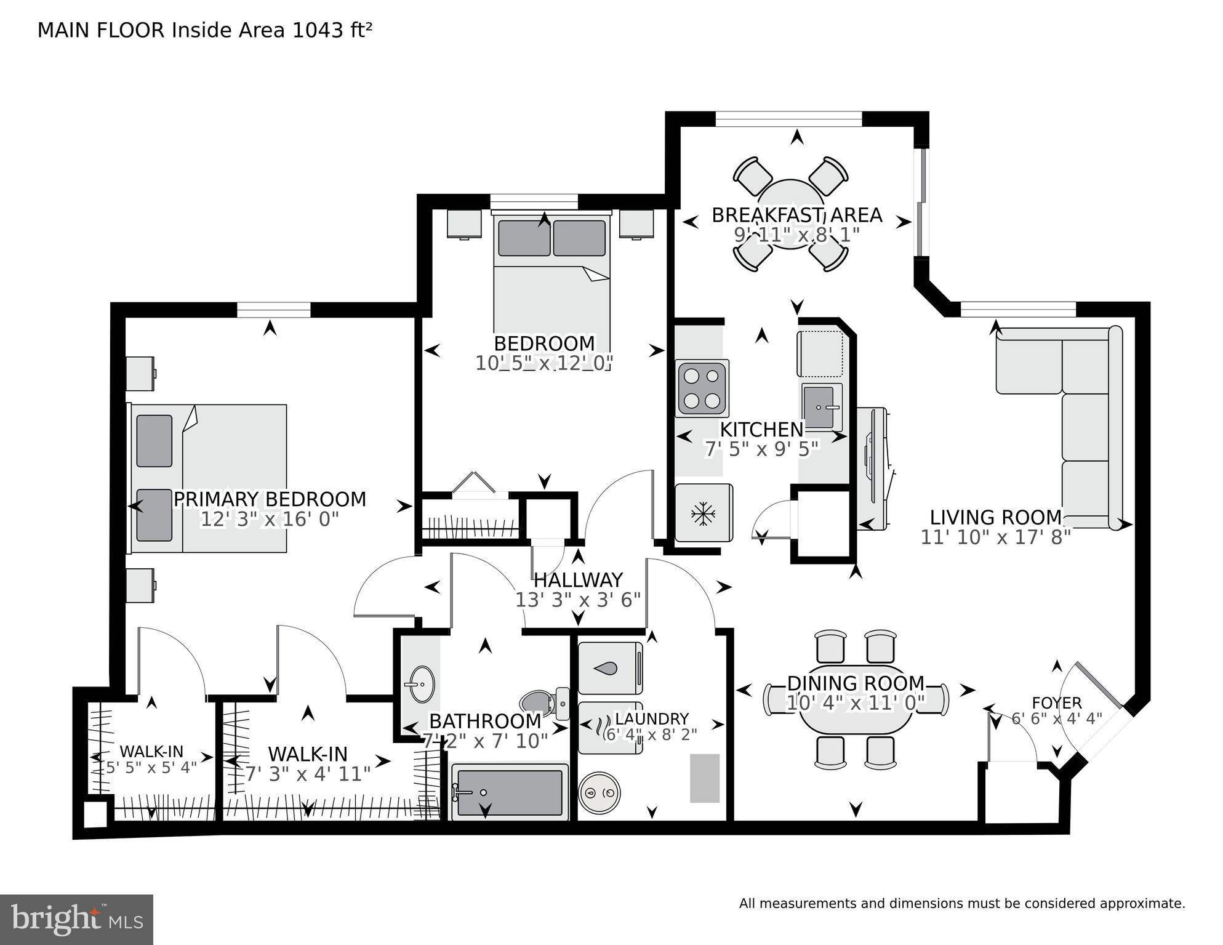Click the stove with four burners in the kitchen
pyautogui.click(x=702, y=388)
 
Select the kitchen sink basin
pyautogui.click(x=822, y=406)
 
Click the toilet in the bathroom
pyautogui.click(x=544, y=702)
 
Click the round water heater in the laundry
pyautogui.click(x=599, y=793)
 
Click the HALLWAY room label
pyautogui.click(x=578, y=580)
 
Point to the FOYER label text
pyautogui.click(x=1056, y=702)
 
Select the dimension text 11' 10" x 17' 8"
pyautogui.click(x=995, y=537)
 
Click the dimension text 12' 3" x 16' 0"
pyautogui.click(x=270, y=520)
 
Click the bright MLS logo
pyautogui.click(x=76, y=919)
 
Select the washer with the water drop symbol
pyautogui.click(x=610, y=669)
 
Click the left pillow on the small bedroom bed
pyautogui.click(x=524, y=238)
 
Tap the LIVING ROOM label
pyautogui.click(x=995, y=517)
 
